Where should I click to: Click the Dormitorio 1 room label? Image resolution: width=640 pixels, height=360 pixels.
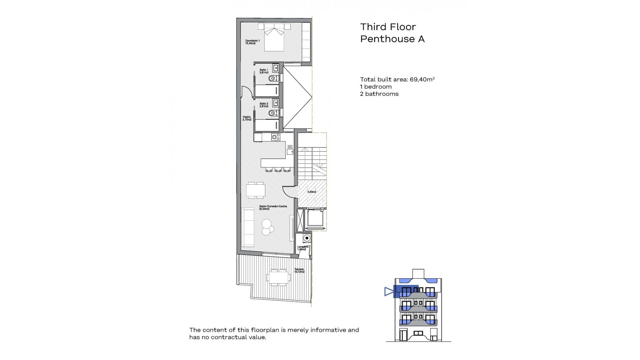point(252,42)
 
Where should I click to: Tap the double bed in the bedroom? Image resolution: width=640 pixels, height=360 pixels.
point(274,37)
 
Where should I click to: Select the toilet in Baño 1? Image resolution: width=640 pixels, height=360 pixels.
point(273,78)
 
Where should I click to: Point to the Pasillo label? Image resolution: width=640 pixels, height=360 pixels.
point(247,118)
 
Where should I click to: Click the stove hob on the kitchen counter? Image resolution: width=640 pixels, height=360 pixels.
point(276,137)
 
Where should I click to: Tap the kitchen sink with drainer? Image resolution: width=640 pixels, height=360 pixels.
point(290,149)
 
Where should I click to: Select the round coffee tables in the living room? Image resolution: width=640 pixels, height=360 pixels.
point(267,226)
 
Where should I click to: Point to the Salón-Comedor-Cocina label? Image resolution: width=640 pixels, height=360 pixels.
point(273,208)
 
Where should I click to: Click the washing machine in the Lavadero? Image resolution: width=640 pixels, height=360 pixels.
point(306,238)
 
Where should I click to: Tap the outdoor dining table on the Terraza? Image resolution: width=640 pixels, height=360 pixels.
point(277,277)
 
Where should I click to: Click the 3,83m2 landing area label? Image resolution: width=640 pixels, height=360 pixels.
point(311,192)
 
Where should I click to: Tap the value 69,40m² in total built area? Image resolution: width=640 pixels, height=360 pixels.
point(422,79)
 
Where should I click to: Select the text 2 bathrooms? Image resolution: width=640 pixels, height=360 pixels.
point(379,94)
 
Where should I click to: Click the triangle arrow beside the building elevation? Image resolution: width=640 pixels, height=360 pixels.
point(389,292)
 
